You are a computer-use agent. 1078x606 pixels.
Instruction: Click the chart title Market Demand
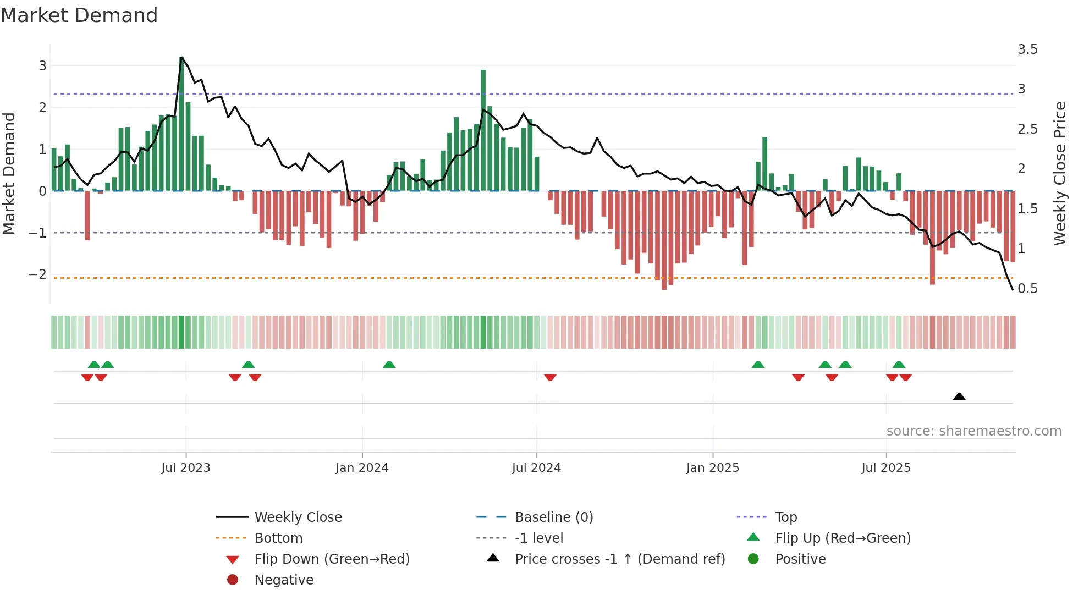(79, 15)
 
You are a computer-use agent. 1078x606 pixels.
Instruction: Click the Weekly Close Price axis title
(1059, 173)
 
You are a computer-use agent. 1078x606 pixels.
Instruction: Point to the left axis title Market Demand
(9, 173)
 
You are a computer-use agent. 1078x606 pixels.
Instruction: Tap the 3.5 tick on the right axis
(1027, 49)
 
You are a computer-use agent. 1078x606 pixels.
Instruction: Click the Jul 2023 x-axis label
(185, 468)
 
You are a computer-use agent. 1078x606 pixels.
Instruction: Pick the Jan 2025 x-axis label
(712, 468)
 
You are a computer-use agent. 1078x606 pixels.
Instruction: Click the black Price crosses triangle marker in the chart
(959, 396)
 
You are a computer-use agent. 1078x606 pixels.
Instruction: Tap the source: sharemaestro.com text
(974, 431)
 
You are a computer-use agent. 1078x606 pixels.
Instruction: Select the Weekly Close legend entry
(298, 517)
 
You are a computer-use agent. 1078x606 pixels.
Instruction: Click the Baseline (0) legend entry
(553, 517)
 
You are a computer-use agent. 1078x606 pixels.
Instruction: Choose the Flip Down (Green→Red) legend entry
(332, 559)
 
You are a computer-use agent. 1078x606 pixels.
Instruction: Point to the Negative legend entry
(284, 580)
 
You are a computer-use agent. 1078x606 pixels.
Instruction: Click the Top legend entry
(785, 517)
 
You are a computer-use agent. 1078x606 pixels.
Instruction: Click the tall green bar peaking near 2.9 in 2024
(483, 130)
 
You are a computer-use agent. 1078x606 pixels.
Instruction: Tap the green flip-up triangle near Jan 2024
(389, 365)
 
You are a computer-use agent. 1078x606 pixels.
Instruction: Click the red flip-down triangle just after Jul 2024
(550, 377)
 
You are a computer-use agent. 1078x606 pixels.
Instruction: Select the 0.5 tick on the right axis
(1027, 289)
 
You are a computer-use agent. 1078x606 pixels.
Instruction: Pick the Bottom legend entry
(278, 538)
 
